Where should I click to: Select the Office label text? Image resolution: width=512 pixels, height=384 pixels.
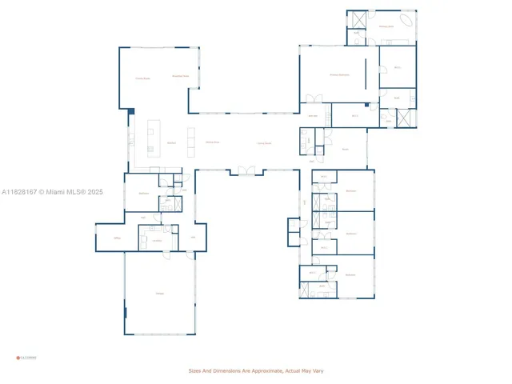tap(117, 238)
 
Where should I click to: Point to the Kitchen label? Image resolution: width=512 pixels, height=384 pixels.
tap(171, 142)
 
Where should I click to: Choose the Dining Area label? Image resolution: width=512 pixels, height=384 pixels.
tap(213, 142)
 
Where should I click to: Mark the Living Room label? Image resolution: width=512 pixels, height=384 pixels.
tap(264, 142)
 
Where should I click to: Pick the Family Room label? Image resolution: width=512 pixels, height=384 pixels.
tap(142, 78)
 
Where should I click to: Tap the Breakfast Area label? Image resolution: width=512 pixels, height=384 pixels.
tap(181, 76)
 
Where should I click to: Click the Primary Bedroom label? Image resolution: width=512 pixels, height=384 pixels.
tap(339, 74)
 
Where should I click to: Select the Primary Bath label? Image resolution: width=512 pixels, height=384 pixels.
tap(386, 26)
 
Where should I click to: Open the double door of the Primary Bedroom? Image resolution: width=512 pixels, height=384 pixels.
tap(312, 100)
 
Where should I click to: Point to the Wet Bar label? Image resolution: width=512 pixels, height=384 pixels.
tap(314, 117)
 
